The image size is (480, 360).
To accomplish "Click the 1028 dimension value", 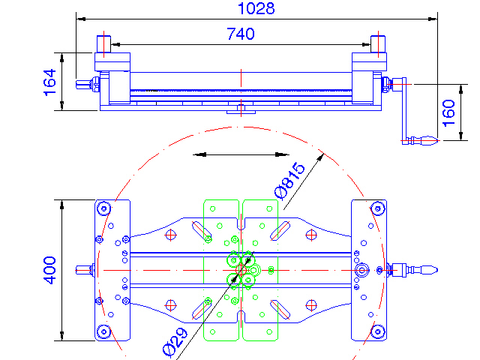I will (256, 9).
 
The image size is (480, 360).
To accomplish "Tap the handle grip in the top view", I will (424, 269).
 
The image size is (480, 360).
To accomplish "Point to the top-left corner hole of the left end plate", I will (103, 208).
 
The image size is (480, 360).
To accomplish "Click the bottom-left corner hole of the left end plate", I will (103, 331).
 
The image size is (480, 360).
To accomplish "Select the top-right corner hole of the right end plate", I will (378, 208).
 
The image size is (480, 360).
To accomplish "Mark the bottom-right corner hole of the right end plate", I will (378, 331).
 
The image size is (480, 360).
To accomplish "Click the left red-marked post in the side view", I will (103, 43).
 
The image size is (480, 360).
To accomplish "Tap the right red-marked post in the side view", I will (379, 43).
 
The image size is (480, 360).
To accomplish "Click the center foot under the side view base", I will (241, 111).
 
